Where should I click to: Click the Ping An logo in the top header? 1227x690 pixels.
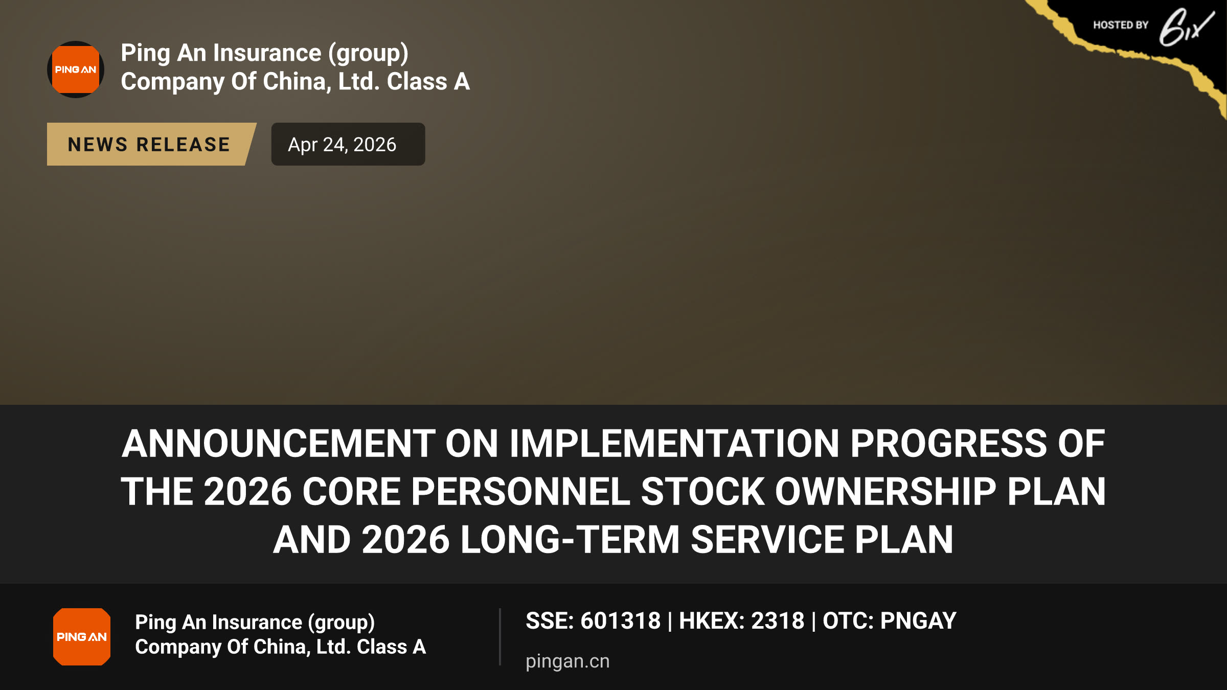(x=76, y=70)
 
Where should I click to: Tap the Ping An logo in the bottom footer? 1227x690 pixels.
(x=82, y=637)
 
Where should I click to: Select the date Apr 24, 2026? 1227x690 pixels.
(x=342, y=145)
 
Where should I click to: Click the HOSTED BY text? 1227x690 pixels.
(x=1121, y=25)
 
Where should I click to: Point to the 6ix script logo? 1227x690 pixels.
(x=1186, y=28)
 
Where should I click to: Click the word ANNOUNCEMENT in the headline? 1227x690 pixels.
(x=279, y=443)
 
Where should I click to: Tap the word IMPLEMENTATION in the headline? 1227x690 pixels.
(x=674, y=443)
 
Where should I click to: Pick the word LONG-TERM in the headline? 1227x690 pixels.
(x=570, y=540)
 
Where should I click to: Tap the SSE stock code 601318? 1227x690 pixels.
(x=621, y=621)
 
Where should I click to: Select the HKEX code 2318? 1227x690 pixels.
(x=778, y=621)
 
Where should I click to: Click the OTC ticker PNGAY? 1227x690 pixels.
(x=918, y=621)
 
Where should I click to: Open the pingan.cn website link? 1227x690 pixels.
(x=567, y=661)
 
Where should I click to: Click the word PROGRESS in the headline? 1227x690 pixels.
(x=949, y=443)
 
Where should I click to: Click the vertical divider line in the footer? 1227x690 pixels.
(x=500, y=637)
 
